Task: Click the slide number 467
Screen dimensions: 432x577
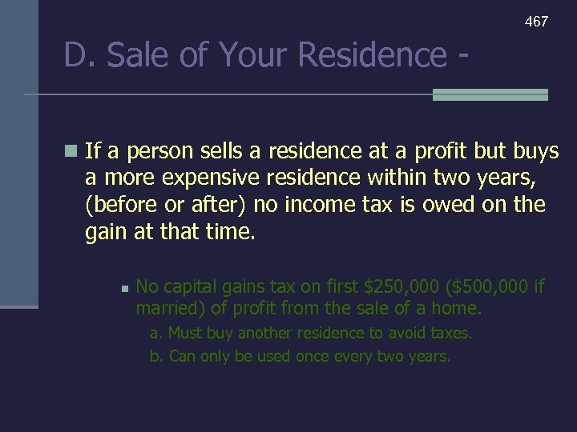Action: click(536, 22)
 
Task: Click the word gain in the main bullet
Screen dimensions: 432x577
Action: click(104, 233)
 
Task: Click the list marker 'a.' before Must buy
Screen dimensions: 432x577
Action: click(156, 333)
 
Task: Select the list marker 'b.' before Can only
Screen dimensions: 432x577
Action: click(156, 356)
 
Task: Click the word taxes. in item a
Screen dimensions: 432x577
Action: click(451, 333)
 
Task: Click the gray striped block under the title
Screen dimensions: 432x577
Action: click(490, 94)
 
